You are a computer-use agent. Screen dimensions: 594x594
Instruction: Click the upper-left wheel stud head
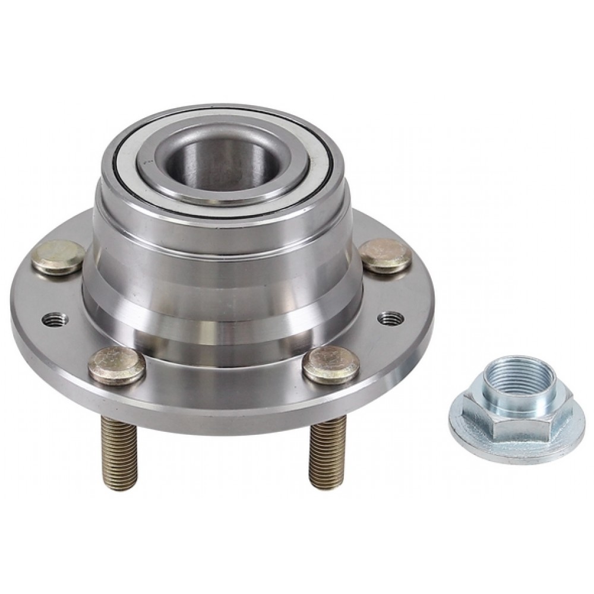[58, 257]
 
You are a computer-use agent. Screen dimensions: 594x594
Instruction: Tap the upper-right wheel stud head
[386, 255]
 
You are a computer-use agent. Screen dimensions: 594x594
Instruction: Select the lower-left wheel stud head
[116, 365]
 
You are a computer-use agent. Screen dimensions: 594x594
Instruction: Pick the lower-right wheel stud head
[331, 364]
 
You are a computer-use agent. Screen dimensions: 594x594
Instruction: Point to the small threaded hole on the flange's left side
[55, 319]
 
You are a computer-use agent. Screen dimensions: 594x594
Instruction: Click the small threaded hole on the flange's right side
[391, 318]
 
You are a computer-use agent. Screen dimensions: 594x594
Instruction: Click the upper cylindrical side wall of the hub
[220, 238]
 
